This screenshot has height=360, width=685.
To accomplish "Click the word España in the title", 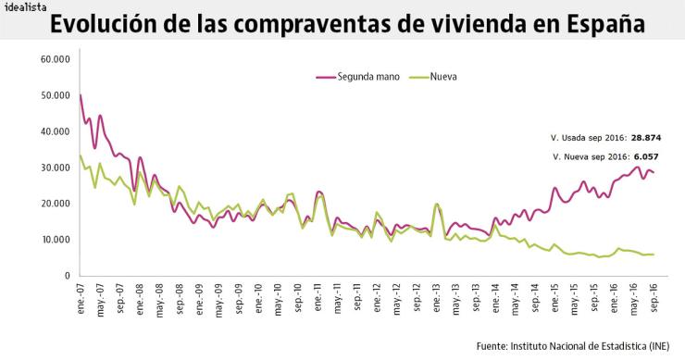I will pyautogui.click(x=603, y=25).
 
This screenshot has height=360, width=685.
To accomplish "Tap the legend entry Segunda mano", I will pyautogui.click(x=368, y=77).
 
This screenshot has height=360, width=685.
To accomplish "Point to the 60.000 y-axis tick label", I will pyautogui.click(x=56, y=59).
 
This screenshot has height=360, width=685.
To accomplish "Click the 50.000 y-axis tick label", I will pyautogui.click(x=56, y=95).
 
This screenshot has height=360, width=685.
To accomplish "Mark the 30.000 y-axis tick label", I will pyautogui.click(x=56, y=168).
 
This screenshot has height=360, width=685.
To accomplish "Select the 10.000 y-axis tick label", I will pyautogui.click(x=56, y=240).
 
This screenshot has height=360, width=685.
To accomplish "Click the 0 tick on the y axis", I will pyautogui.click(x=67, y=276).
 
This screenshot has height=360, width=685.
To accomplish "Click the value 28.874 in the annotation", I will pyautogui.click(x=645, y=138).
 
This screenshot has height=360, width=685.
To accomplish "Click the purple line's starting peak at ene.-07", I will pyautogui.click(x=81, y=95).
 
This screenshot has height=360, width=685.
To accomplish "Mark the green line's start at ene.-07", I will pyautogui.click(x=81, y=155).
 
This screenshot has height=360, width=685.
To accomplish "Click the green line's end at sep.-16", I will pyautogui.click(x=654, y=254).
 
